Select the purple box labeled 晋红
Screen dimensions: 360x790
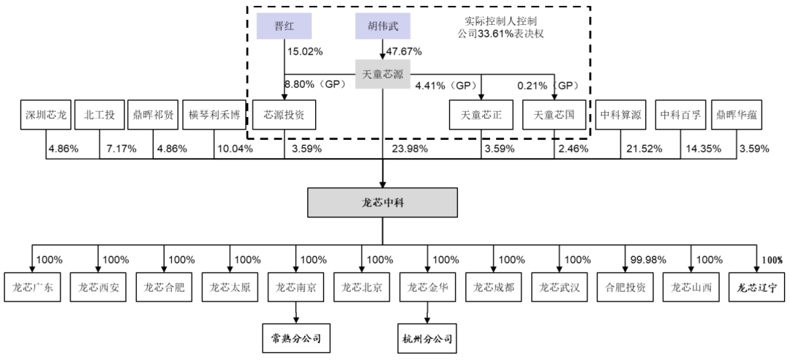[x=284, y=27]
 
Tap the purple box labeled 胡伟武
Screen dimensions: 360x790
[x=383, y=27]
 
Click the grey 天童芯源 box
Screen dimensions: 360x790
[x=383, y=74]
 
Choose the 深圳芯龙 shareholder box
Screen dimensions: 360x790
[x=45, y=115]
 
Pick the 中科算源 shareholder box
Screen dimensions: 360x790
[x=620, y=115]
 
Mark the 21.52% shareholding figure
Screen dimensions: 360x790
[x=644, y=149]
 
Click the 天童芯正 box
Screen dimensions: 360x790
[x=481, y=115]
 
